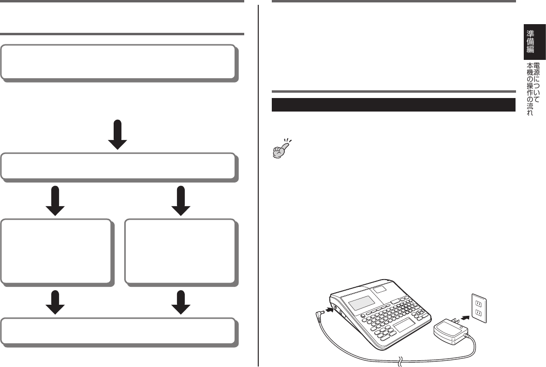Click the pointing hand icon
282,148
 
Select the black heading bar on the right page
394,105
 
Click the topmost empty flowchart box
118,62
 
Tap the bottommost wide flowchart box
118,332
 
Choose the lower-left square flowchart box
58,251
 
